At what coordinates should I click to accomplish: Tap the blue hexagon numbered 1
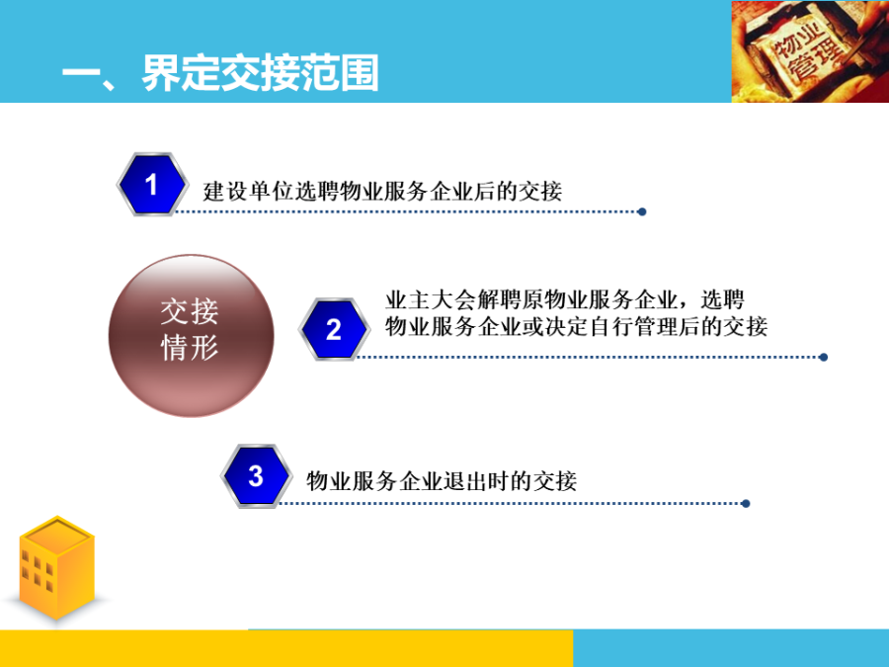[x=151, y=184]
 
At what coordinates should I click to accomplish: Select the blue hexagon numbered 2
[x=334, y=329]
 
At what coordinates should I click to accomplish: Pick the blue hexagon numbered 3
[x=256, y=476]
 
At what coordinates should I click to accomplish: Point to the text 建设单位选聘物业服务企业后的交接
[x=382, y=190]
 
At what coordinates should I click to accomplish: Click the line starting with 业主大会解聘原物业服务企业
[x=565, y=299]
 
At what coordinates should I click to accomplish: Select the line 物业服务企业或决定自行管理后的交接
[x=575, y=326]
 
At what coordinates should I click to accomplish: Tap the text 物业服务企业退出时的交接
[x=442, y=481]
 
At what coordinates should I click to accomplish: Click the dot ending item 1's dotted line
[x=642, y=211]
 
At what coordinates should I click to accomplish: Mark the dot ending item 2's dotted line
[x=824, y=357]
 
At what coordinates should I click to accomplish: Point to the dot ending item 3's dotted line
[x=746, y=503]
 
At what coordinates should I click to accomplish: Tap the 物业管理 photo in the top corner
[x=809, y=51]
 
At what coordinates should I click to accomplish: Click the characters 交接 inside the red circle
[x=190, y=313]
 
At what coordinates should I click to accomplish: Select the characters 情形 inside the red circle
[x=190, y=348]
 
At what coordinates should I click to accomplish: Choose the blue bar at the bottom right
[x=731, y=648]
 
